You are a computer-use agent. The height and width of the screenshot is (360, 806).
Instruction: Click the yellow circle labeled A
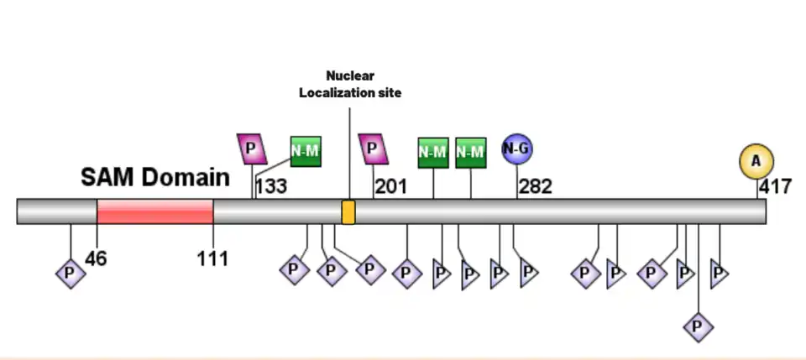click(756, 161)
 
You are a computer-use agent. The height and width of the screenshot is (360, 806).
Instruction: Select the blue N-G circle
click(517, 149)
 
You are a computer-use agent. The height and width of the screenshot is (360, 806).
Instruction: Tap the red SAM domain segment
click(155, 211)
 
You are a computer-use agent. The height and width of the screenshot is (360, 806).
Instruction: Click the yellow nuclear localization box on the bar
click(348, 211)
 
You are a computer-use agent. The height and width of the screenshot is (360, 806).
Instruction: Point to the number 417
click(775, 186)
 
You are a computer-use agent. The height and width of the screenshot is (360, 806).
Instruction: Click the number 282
click(535, 186)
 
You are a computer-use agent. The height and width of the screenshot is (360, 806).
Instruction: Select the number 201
click(391, 186)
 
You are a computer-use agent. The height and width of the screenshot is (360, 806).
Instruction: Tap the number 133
click(271, 186)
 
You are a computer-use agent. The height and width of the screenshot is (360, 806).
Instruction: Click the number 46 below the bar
click(96, 258)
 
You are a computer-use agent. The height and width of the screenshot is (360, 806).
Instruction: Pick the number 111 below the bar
click(213, 258)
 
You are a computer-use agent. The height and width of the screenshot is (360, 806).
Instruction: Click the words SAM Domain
click(155, 177)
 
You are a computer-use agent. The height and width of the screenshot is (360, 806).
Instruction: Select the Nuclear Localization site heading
click(350, 84)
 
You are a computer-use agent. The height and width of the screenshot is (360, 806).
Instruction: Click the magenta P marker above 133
click(251, 149)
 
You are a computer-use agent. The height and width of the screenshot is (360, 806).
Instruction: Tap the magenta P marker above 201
click(373, 149)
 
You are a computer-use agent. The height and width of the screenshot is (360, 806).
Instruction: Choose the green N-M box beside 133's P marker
click(306, 150)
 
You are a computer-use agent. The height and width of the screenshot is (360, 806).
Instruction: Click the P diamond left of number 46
click(71, 273)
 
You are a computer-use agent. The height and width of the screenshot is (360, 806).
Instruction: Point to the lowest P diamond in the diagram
click(699, 326)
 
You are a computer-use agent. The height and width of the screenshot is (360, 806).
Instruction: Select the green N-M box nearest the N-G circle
click(471, 152)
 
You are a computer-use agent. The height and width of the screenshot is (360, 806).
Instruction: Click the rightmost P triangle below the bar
click(719, 274)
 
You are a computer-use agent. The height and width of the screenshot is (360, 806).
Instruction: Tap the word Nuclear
click(350, 76)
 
